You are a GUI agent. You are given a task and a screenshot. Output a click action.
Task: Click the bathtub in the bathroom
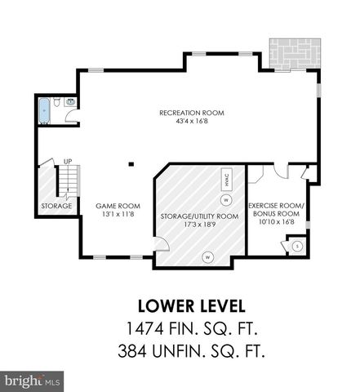43,109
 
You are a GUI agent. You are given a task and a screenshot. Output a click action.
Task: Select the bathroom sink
70,102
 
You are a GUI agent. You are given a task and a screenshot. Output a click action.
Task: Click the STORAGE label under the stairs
56,206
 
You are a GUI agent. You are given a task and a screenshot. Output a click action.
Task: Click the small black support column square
131,163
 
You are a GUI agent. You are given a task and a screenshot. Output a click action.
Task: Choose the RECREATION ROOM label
193,112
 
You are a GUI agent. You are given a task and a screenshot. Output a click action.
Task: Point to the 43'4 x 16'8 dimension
193,121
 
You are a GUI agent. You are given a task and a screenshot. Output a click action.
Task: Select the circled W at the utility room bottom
207,256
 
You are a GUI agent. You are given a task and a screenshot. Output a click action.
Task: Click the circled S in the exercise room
297,245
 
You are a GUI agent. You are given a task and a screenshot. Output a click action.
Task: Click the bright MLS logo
33,380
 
